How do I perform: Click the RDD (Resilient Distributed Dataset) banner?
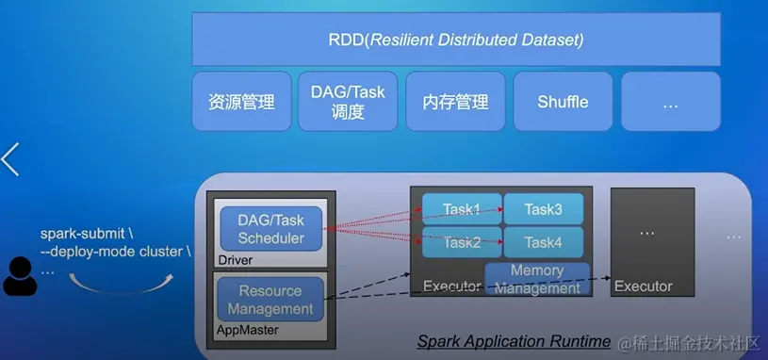click(455, 40)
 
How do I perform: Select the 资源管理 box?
click(241, 102)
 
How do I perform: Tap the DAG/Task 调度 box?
click(348, 102)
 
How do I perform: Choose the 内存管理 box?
click(455, 102)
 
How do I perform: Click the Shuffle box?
click(563, 102)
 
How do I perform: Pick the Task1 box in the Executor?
click(462, 209)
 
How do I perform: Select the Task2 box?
click(462, 242)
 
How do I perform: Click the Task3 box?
click(544, 209)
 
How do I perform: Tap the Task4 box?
click(544, 242)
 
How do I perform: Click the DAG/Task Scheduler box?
click(270, 229)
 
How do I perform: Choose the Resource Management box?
click(270, 300)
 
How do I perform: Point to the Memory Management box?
click(537, 279)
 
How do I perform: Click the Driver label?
click(236, 260)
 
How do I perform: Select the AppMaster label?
click(247, 330)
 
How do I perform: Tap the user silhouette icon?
click(20, 276)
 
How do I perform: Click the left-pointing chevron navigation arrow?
click(9, 159)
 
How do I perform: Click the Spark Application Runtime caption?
click(514, 341)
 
